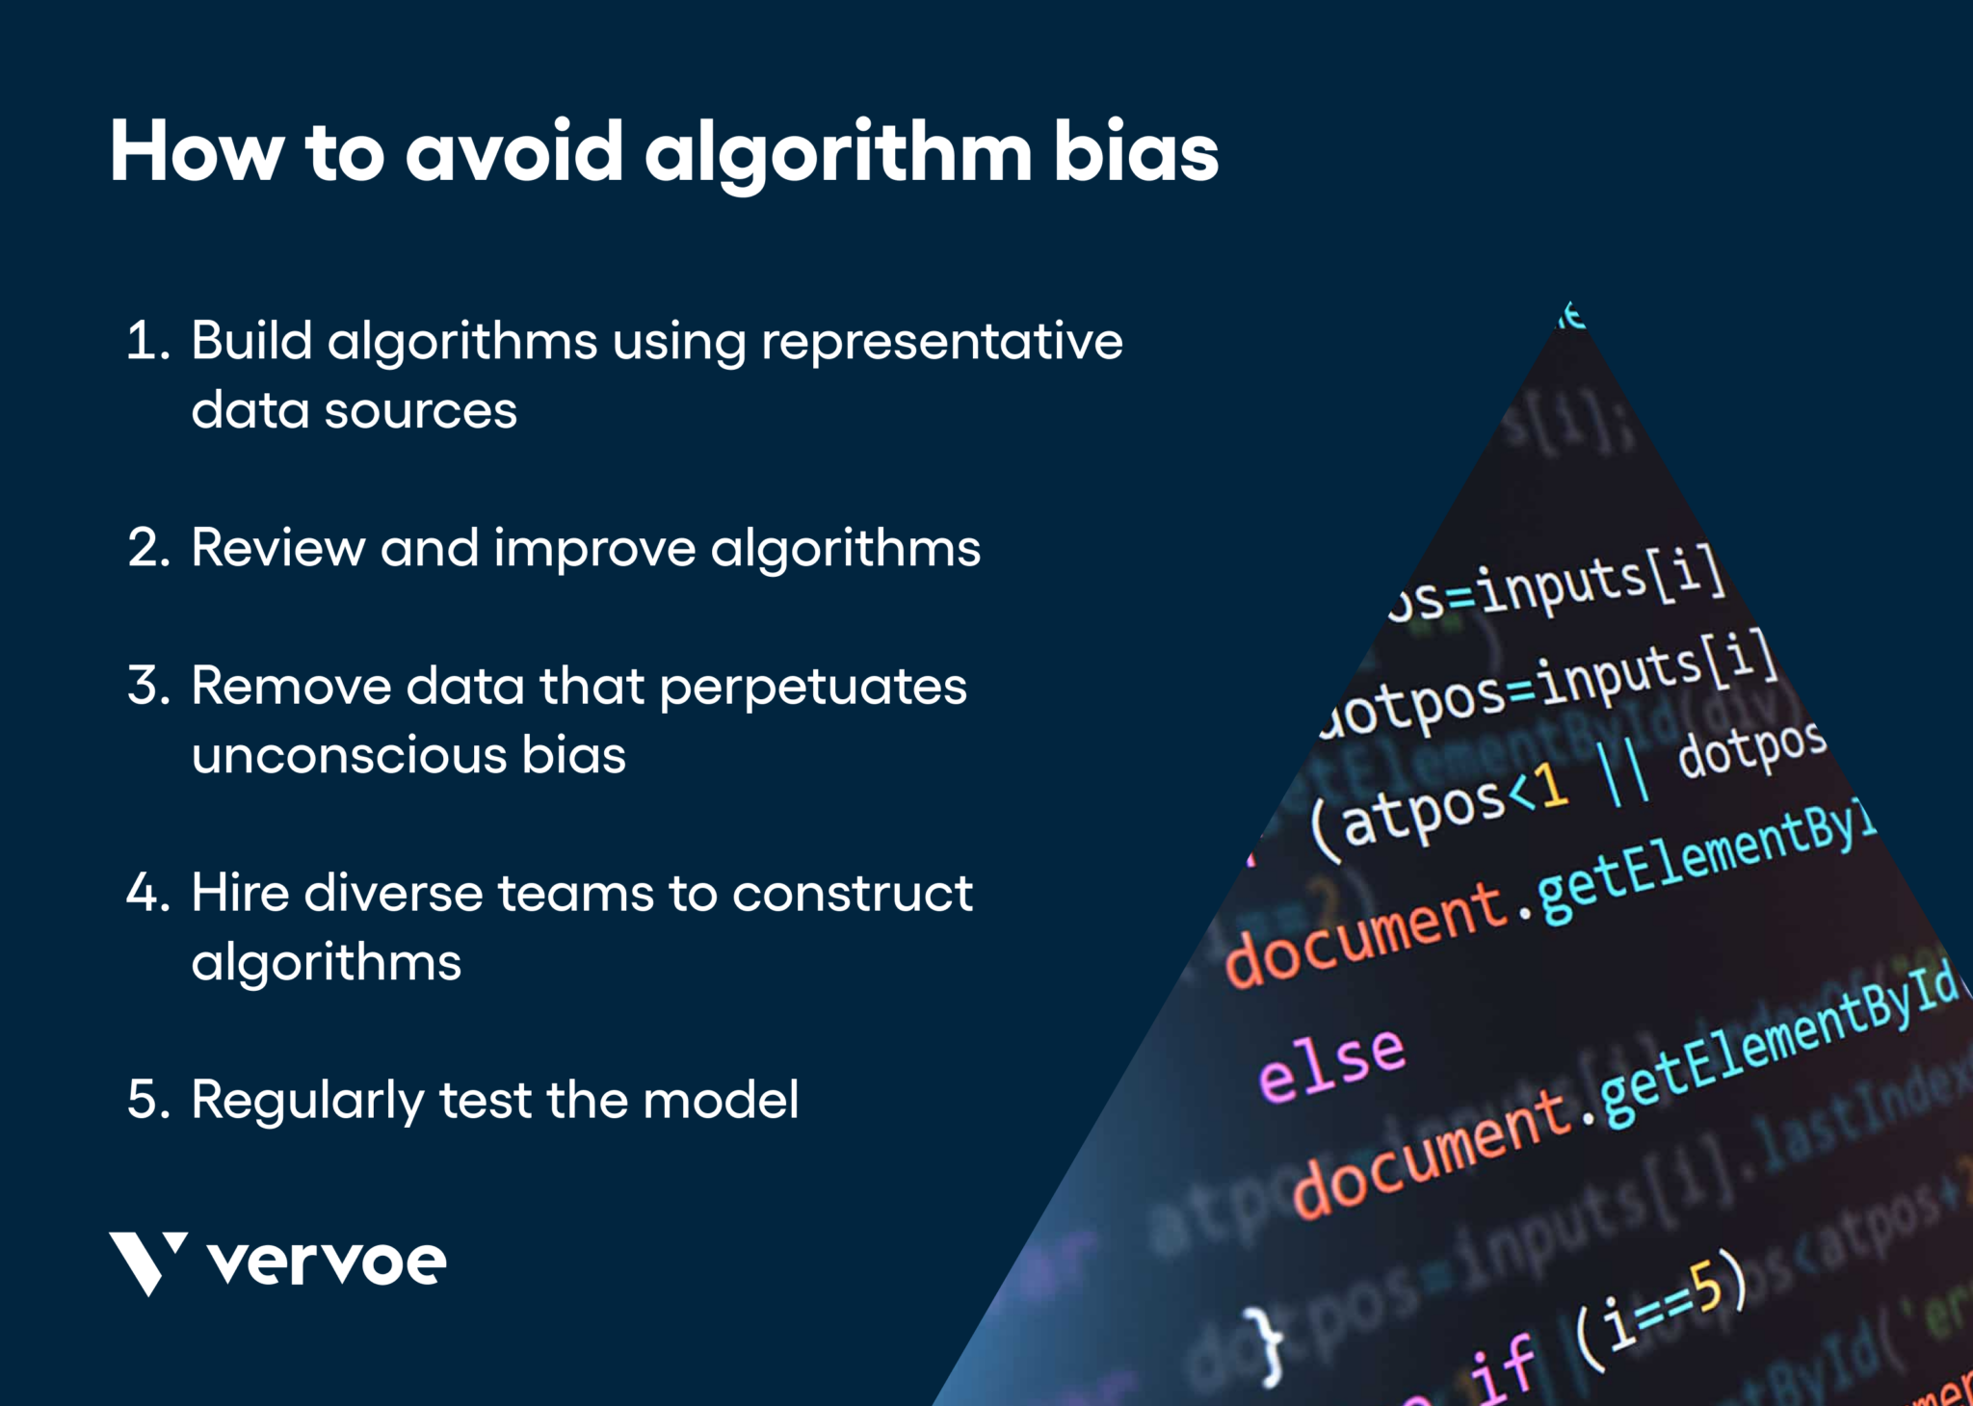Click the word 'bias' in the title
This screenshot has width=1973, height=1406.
click(x=1136, y=152)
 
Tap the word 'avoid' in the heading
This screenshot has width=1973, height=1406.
click(x=513, y=152)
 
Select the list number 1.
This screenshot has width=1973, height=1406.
click(x=146, y=341)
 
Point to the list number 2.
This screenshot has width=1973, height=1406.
click(x=147, y=548)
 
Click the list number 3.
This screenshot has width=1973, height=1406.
click(x=147, y=686)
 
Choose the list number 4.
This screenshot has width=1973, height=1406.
click(x=147, y=893)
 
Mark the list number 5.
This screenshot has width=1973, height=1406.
click(x=147, y=1099)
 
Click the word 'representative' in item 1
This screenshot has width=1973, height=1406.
click(x=941, y=341)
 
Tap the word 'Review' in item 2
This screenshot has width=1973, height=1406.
click(x=277, y=548)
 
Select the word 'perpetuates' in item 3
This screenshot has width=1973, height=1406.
click(x=813, y=686)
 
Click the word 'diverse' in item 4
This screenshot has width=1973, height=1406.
click(x=393, y=893)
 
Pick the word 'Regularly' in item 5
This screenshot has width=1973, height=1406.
click(x=306, y=1101)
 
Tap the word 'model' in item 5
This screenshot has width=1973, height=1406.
click(x=721, y=1099)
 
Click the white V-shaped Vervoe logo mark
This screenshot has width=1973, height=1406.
click(x=146, y=1263)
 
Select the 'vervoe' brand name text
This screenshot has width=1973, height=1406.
click(x=327, y=1263)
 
